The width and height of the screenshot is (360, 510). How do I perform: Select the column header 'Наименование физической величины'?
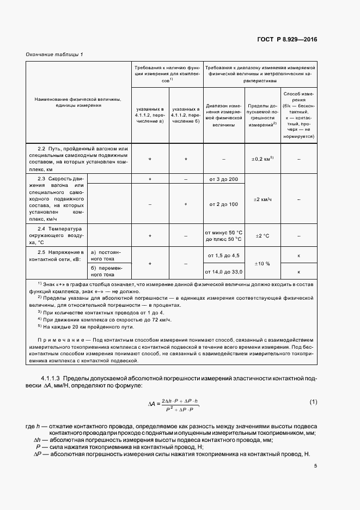(78, 102)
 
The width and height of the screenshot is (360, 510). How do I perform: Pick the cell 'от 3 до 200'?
(223, 179)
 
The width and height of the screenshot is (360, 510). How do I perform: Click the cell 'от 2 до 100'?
(223, 204)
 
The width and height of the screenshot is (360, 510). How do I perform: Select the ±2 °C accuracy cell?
(261, 236)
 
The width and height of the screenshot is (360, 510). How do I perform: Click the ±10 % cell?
(261, 263)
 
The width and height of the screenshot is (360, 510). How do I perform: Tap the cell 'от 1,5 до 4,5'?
(223, 256)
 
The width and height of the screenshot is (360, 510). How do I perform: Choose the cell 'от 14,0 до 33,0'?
(223, 271)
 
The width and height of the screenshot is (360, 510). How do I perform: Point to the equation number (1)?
(313, 402)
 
